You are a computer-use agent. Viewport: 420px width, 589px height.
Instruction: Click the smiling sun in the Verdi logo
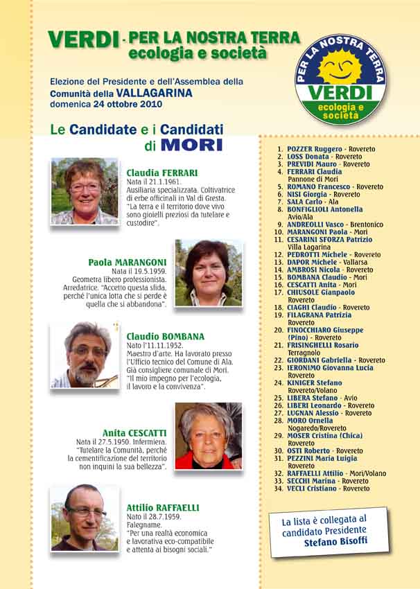(339, 65)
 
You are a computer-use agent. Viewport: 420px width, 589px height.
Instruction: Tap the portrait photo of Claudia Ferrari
(85, 191)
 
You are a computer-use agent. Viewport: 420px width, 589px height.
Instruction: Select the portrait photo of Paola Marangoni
(209, 273)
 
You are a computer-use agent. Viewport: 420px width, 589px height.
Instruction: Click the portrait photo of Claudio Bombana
(85, 355)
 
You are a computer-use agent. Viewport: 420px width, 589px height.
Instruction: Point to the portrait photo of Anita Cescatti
(209, 435)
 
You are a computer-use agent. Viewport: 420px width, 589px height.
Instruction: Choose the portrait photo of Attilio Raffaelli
(85, 518)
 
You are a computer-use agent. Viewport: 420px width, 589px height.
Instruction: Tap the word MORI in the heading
(192, 146)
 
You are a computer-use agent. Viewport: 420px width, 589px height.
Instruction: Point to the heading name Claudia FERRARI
(162, 173)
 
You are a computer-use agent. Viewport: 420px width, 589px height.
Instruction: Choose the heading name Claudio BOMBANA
(165, 337)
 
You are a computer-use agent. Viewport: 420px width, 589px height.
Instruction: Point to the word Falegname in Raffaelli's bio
(143, 525)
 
